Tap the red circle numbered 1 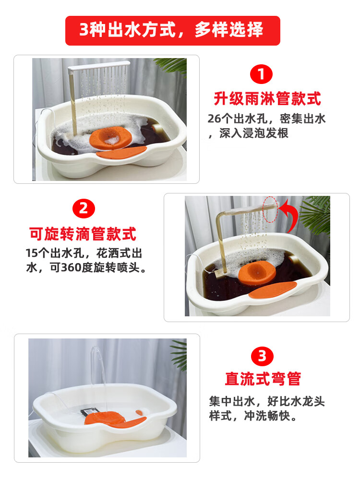tap(261, 74)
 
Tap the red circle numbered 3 tap(262, 356)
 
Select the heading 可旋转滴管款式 tap(83, 234)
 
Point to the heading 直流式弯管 tap(263, 379)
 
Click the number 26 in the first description tap(215, 119)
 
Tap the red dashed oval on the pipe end tap(270, 210)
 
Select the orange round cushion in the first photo tap(111, 138)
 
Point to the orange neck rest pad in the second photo tap(273, 289)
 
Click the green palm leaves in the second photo tap(315, 214)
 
